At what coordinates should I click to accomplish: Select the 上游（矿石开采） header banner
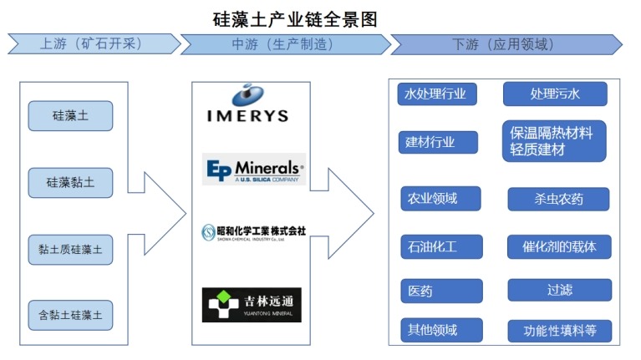pos(92,43)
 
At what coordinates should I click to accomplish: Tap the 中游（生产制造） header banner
pos(281,43)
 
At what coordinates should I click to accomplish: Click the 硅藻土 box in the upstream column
pos(70,116)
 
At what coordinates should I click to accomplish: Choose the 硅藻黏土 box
pos(70,182)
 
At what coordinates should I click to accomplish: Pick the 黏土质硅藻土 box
pos(70,249)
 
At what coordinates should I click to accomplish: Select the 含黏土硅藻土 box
pos(70,315)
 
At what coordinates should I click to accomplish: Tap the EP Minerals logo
pos(254,169)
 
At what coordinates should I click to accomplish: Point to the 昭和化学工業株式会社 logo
pos(254,231)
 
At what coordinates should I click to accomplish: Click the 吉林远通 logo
pos(252,304)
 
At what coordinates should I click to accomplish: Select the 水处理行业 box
pos(436,94)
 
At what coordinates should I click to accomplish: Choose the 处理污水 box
pos(554,94)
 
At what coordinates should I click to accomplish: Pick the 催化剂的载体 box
pos(558,247)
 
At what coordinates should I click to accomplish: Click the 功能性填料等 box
pos(558,331)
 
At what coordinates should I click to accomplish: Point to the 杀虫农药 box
pos(558,199)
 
